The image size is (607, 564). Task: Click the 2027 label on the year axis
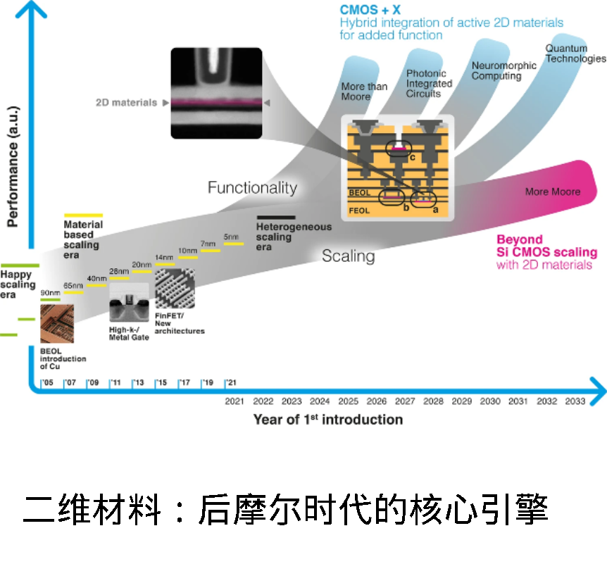point(405,401)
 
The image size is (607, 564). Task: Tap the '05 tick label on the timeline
point(47,383)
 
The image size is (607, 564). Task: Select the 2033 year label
point(575,401)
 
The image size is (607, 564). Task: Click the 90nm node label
point(50,292)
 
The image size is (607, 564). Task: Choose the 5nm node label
point(232,237)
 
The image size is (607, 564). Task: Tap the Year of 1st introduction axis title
point(328,420)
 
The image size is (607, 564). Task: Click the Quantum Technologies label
point(566,54)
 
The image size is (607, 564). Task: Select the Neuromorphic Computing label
point(503,70)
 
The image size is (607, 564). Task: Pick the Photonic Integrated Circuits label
point(429,83)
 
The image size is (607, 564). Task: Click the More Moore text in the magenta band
point(553,192)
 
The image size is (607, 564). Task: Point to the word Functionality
point(252,188)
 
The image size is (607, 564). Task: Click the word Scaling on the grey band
point(348,256)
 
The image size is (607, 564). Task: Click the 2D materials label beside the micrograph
point(127,103)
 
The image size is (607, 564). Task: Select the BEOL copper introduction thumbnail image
point(57,323)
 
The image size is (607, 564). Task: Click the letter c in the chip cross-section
point(412,156)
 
